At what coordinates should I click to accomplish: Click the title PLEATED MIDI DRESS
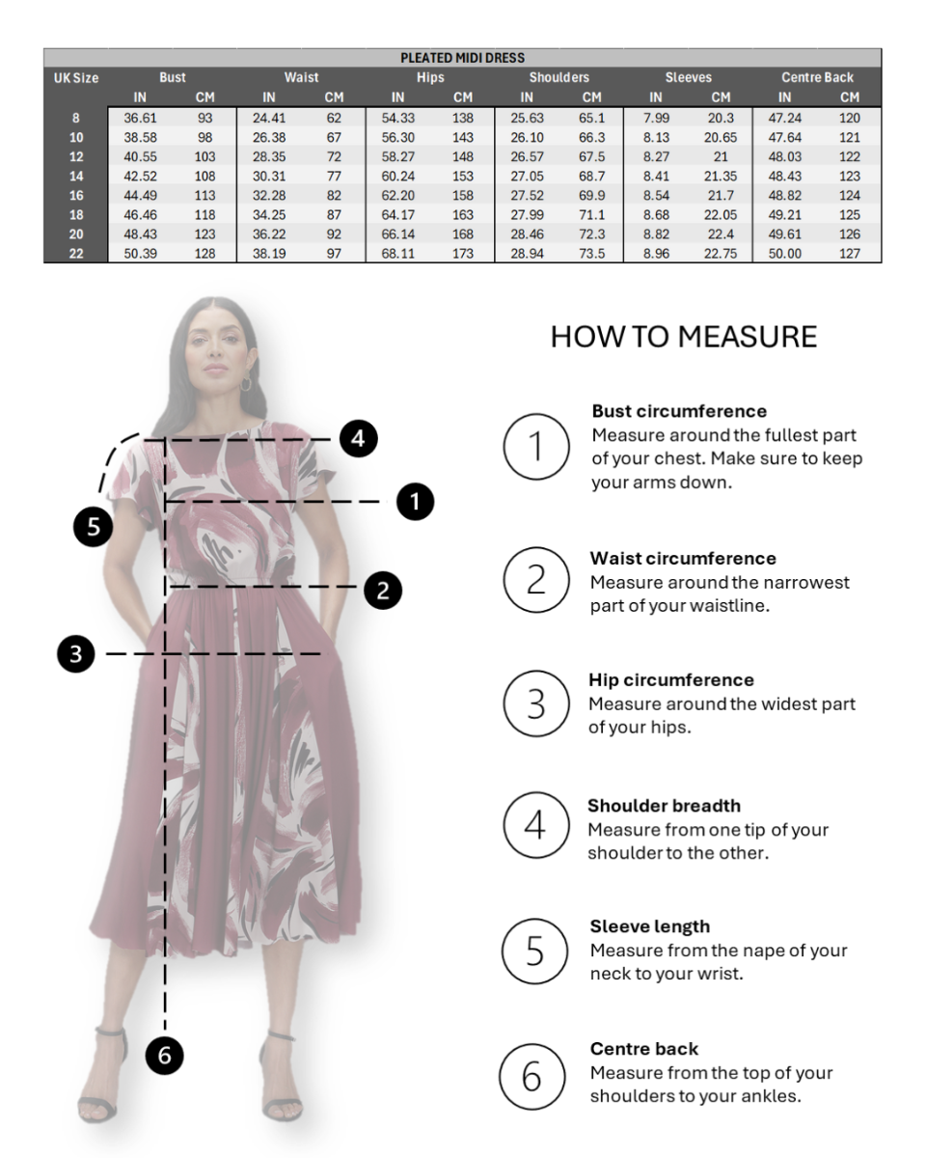pos(462,58)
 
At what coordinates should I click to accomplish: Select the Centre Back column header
pos(817,77)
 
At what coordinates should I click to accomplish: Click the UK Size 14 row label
pos(76,176)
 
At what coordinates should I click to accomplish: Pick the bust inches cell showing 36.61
pos(140,118)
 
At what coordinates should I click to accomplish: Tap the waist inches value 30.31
pos(269,176)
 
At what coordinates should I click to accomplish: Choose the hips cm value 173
pos(463,254)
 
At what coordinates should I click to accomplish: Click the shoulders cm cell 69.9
pos(592,195)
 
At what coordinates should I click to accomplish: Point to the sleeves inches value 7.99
pos(656,118)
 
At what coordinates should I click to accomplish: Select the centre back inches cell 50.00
pos(784,254)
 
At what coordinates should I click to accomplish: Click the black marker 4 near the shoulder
pos(359,438)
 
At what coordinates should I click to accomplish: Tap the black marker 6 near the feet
pos(165,1055)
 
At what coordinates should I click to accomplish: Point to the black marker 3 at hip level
pos(76,654)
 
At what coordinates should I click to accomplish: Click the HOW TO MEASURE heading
pos(683,337)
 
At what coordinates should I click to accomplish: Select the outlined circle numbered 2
pos(536,580)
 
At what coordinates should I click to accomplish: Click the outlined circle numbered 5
pos(534,951)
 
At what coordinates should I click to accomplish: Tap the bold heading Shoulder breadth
pos(664,806)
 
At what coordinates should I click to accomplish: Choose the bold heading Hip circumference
pos(671,680)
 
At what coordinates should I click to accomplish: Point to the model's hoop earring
pos(246,382)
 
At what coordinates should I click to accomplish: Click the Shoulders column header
pos(559,77)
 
